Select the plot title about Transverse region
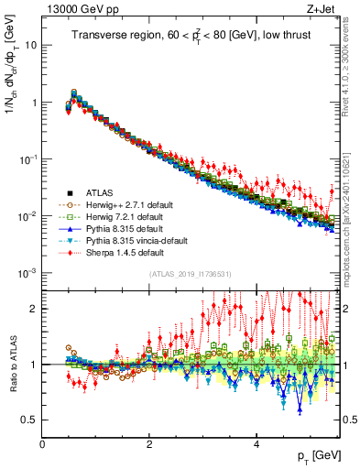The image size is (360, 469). click(x=193, y=36)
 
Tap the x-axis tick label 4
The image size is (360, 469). click(x=256, y=444)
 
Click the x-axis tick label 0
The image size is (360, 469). click(x=42, y=444)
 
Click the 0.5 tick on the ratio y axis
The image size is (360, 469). click(x=29, y=420)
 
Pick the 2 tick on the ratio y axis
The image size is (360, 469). click(x=33, y=309)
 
